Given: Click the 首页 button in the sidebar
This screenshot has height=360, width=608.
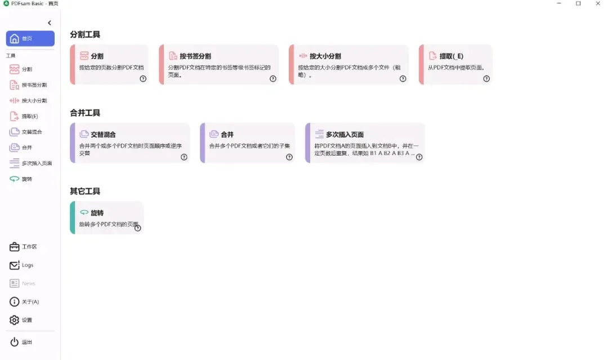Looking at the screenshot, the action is pos(30,38).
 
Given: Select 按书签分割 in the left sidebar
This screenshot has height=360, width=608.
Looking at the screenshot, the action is pos(34,85).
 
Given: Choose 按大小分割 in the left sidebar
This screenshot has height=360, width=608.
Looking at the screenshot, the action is pos(34,101).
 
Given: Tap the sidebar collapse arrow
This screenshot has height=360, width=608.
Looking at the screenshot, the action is pos(50,23).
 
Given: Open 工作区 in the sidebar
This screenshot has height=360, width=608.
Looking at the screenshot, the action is pos(29,247).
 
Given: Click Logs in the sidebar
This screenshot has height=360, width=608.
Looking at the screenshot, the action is pos(27,265).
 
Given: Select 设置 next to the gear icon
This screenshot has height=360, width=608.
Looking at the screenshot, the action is pos(27,320).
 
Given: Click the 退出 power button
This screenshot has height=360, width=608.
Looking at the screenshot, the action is pos(26,342).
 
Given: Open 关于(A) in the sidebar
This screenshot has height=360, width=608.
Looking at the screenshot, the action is pos(30,302).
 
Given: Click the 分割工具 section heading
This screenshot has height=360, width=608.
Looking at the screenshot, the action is pos(85,34).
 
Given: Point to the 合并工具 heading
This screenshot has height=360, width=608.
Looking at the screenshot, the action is pos(85,113).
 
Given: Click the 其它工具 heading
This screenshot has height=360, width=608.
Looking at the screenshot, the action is pos(85,191).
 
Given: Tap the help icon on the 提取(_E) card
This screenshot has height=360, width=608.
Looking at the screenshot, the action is pos(486,79).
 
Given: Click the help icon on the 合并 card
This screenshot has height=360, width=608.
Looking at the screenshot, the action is pos(289,157).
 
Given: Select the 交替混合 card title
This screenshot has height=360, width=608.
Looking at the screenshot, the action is pos(103,135).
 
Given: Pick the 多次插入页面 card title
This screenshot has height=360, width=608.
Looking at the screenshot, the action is pos(345,135).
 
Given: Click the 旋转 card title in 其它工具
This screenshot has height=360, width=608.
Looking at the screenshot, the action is pos(97,213).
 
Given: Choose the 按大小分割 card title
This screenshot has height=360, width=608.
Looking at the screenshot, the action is pos(325,56).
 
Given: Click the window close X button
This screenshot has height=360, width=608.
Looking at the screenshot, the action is pos(598,3).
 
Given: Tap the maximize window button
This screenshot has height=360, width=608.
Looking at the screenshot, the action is pos(578,3).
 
